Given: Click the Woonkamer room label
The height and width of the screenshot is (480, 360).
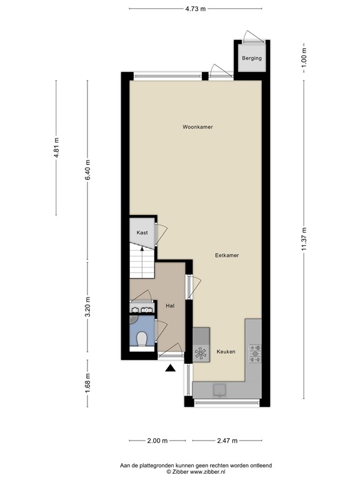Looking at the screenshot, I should click(x=197, y=127).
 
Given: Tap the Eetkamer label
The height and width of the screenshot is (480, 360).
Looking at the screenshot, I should click(x=227, y=256).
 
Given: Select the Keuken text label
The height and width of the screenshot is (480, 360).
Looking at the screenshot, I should click(x=226, y=352).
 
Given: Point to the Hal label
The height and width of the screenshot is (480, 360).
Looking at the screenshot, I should click(x=169, y=306).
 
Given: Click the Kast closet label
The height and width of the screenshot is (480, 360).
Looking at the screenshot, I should click(x=142, y=232).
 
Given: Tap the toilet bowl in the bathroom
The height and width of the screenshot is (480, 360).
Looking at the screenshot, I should click(x=142, y=339).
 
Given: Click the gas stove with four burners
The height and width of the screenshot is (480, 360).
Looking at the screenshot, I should click(x=256, y=353).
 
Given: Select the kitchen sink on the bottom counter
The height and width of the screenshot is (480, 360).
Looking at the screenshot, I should click(x=220, y=389).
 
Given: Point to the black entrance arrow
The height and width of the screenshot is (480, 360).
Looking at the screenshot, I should click(x=170, y=369).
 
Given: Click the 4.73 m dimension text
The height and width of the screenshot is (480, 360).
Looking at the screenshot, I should click(x=196, y=8).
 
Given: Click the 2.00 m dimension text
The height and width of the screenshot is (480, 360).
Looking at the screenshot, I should click(x=157, y=441).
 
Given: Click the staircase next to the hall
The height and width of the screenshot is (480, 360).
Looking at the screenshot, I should click(x=142, y=262).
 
